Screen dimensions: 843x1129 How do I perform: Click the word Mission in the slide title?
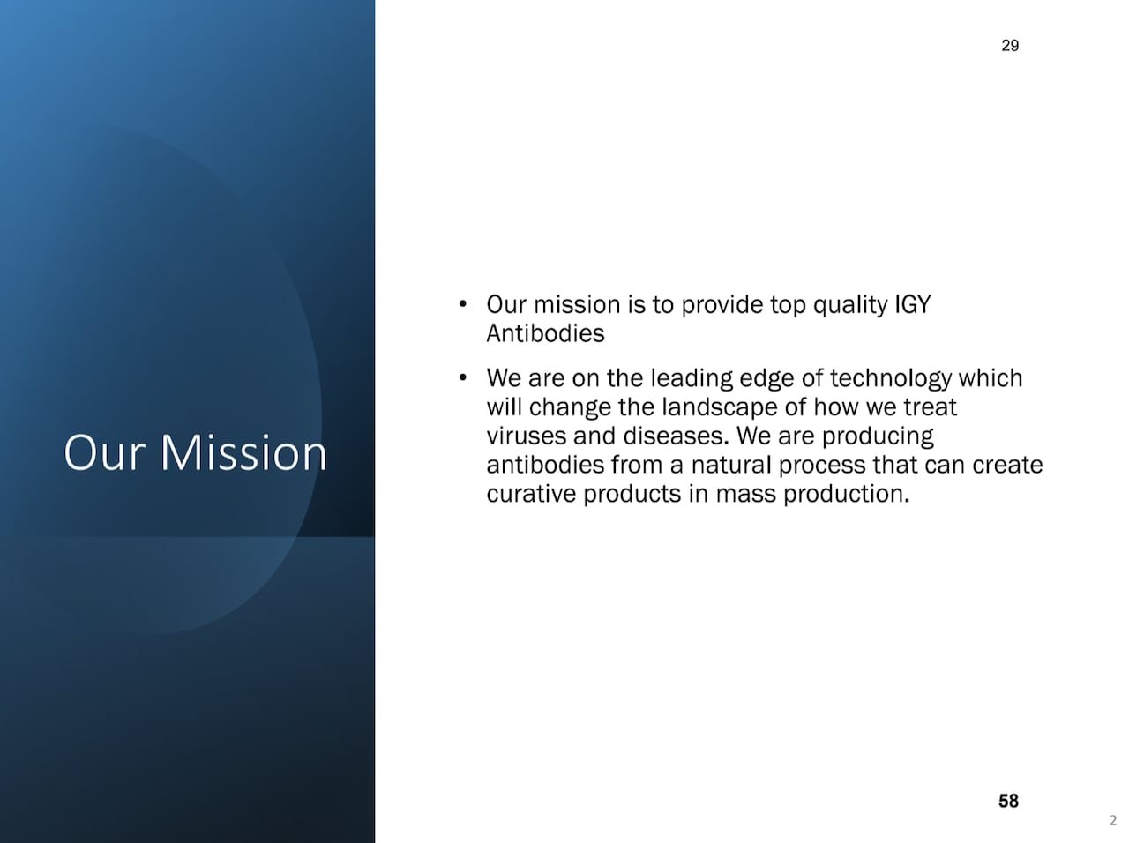[x=243, y=452]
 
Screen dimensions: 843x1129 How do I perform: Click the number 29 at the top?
[x=1010, y=46]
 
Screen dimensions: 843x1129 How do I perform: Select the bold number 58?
[x=1008, y=801]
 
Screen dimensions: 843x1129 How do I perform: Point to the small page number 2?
[x=1112, y=821]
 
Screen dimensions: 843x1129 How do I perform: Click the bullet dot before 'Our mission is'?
[x=462, y=305]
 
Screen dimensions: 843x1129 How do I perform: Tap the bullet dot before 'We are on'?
[x=462, y=378]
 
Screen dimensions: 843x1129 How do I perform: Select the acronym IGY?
[x=913, y=305]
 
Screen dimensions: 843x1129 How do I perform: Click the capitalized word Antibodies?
[x=545, y=333]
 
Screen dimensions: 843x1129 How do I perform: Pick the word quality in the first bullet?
[x=849, y=305]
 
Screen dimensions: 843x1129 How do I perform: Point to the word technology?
[x=890, y=378]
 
